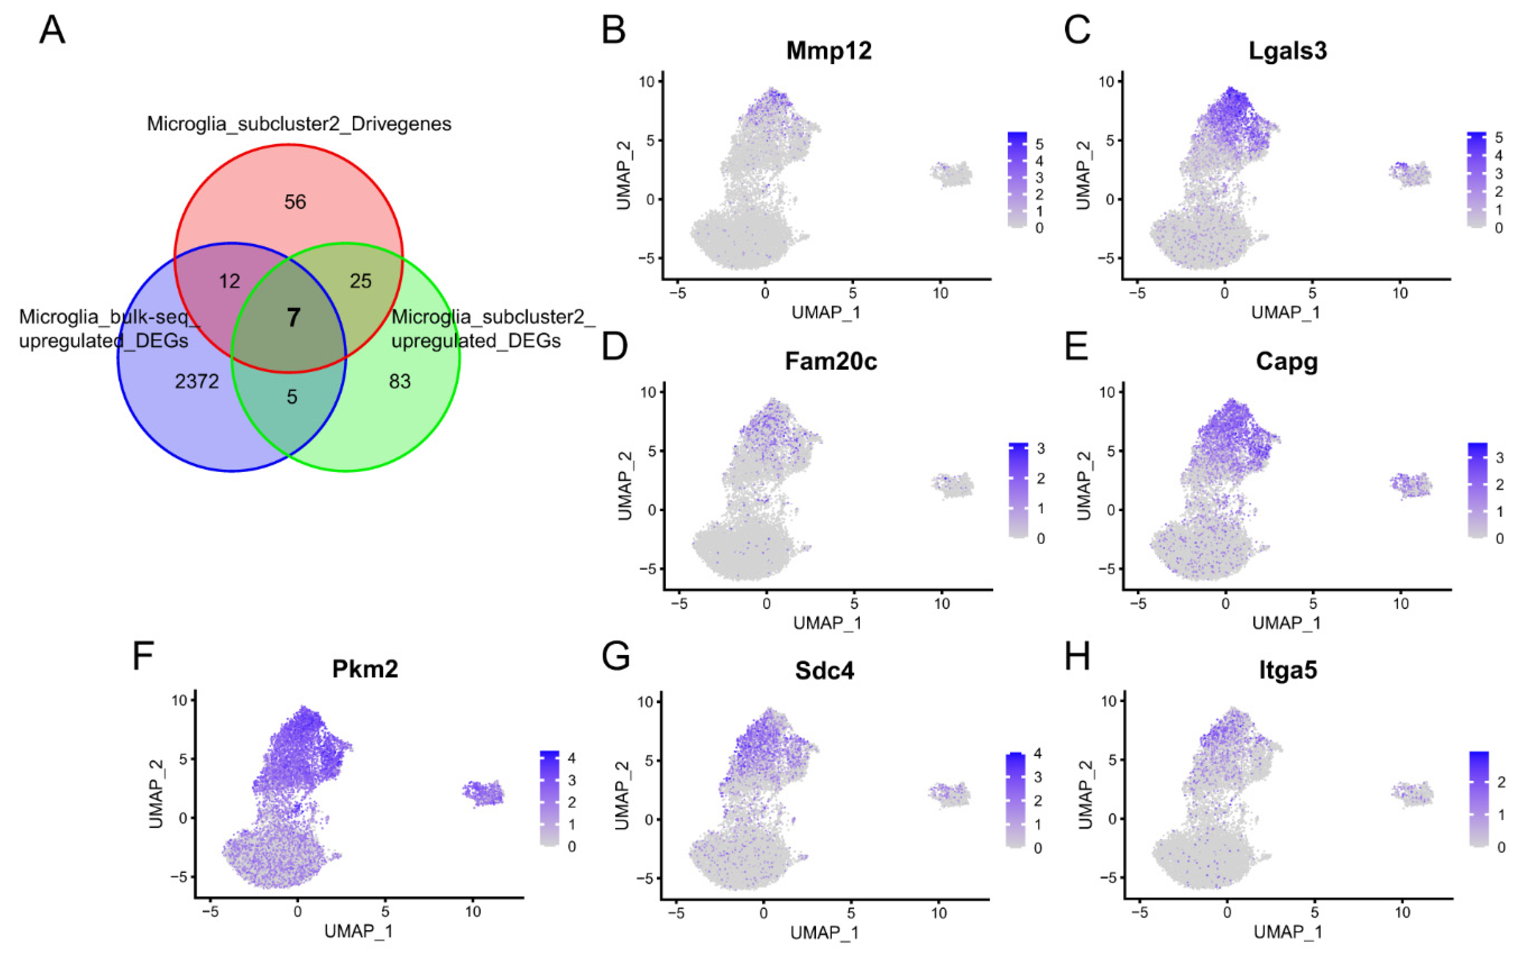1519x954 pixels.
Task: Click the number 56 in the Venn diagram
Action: tap(295, 202)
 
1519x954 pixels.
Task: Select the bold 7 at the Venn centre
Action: tap(293, 317)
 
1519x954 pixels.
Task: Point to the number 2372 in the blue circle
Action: tap(197, 381)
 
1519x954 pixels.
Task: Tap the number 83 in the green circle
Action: tap(399, 381)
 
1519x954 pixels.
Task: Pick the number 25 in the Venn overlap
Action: tap(360, 281)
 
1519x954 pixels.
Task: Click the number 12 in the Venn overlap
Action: tap(230, 281)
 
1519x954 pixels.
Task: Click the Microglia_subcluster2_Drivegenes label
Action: tap(299, 124)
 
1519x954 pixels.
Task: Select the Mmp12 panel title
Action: tap(829, 51)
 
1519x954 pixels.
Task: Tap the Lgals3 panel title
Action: tap(1287, 51)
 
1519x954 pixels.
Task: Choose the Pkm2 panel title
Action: tap(365, 669)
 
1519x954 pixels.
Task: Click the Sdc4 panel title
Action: tap(824, 670)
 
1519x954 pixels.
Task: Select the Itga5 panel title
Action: tap(1287, 670)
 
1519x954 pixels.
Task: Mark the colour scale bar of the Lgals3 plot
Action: tap(1477, 179)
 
